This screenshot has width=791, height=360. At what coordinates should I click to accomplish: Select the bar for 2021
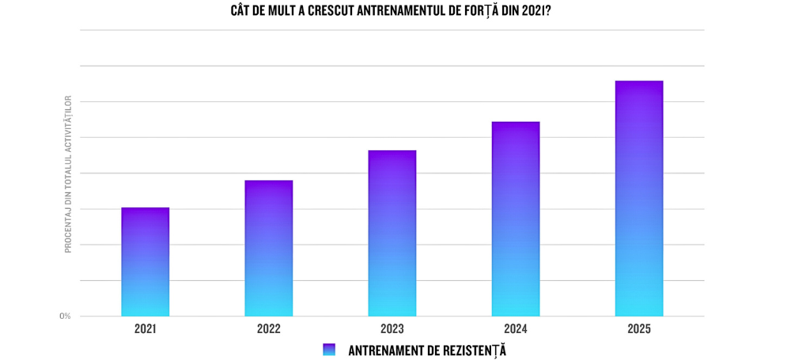tap(146, 262)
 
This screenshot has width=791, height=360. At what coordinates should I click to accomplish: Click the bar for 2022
tap(269, 248)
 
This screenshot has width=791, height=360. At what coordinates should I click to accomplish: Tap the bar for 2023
tap(392, 233)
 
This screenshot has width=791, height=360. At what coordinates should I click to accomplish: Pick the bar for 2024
tap(516, 219)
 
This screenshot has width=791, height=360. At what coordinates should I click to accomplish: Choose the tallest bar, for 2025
tap(639, 199)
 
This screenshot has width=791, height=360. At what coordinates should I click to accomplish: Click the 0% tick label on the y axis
tap(65, 316)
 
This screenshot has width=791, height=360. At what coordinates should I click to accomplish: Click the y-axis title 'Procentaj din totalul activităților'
tap(68, 174)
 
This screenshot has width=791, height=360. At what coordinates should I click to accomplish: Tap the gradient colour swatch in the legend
tap(330, 350)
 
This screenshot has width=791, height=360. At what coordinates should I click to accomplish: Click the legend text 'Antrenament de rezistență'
tap(427, 350)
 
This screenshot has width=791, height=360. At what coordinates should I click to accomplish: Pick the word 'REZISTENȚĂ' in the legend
tap(471, 350)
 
